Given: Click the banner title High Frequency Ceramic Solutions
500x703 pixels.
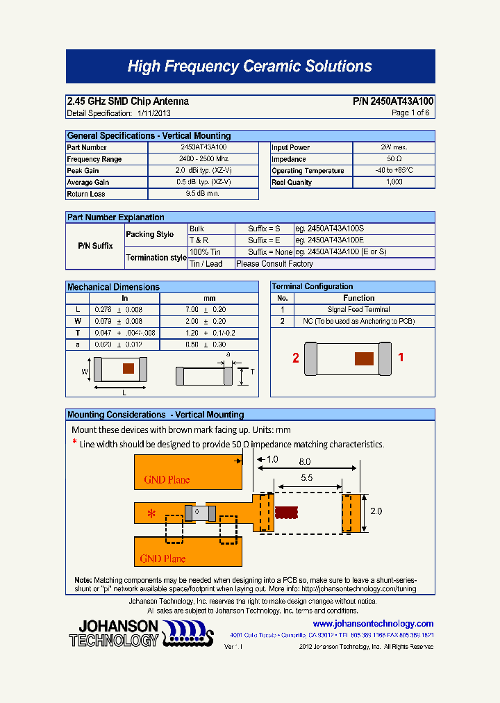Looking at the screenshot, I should [x=250, y=67].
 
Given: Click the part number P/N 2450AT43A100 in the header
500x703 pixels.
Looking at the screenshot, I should [x=393, y=101].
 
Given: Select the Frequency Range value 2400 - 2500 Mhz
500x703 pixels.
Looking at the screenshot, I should [x=203, y=159].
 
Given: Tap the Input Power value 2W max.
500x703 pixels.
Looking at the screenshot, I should [x=394, y=147].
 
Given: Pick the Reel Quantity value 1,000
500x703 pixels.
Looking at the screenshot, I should [x=394, y=182].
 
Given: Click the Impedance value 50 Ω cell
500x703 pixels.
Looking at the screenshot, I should [x=394, y=159].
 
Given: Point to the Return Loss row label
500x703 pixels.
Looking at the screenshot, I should [x=86, y=194].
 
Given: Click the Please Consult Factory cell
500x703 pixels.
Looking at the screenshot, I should [x=275, y=264].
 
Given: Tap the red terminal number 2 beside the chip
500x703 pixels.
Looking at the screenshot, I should [x=296, y=358].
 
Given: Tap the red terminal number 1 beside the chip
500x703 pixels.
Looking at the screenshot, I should [x=401, y=357].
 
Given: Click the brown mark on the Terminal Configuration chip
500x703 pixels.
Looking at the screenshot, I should [x=364, y=358].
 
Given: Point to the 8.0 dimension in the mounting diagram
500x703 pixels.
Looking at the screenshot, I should [x=304, y=461].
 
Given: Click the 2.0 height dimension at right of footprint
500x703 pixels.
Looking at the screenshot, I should [x=376, y=511].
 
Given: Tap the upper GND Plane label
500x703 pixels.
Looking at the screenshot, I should [x=167, y=479].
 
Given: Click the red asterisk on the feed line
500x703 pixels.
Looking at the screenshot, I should [x=151, y=514].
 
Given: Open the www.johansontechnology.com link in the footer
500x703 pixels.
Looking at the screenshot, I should [x=368, y=624].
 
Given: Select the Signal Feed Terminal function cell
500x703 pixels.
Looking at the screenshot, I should [x=358, y=310].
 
